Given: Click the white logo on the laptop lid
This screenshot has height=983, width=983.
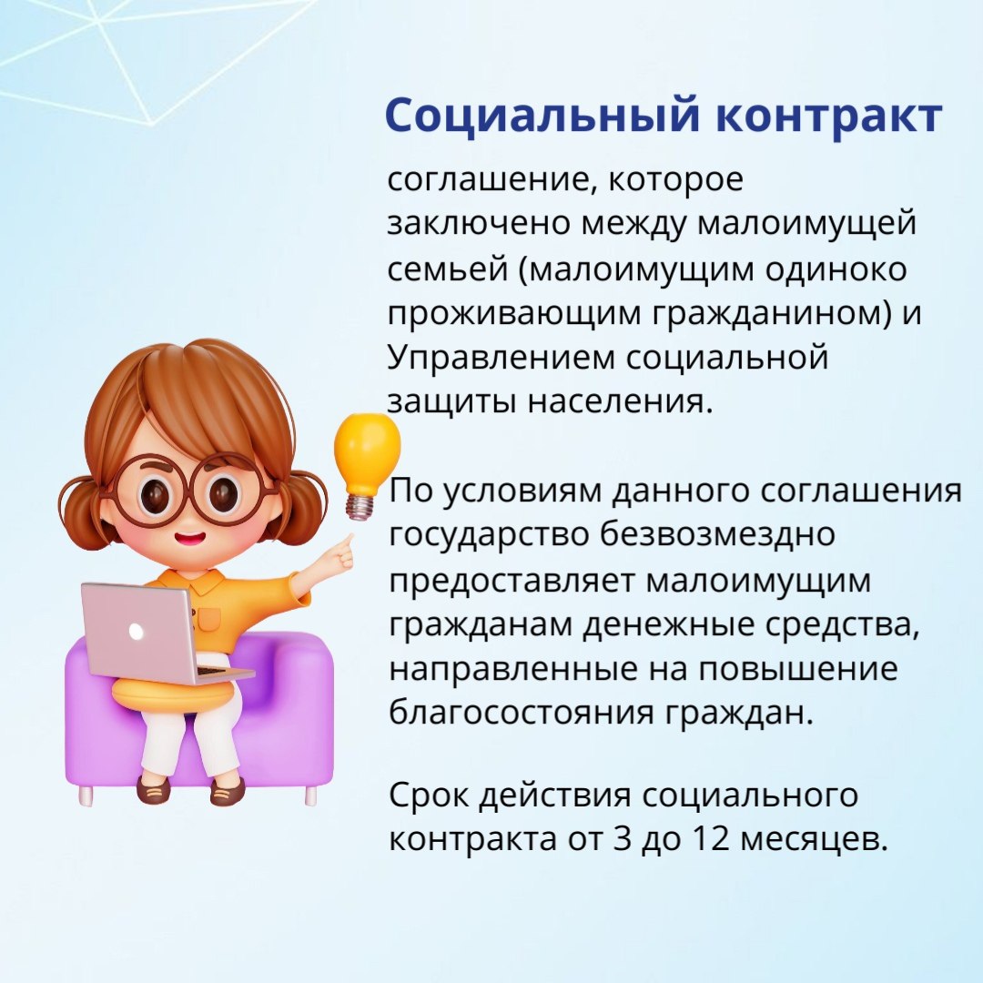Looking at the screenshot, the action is [x=136, y=630].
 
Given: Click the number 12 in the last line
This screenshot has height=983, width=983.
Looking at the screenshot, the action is [x=712, y=838].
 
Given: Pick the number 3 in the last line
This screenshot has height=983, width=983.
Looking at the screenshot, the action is [x=622, y=838].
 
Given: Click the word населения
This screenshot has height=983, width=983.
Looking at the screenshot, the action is [x=620, y=402].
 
